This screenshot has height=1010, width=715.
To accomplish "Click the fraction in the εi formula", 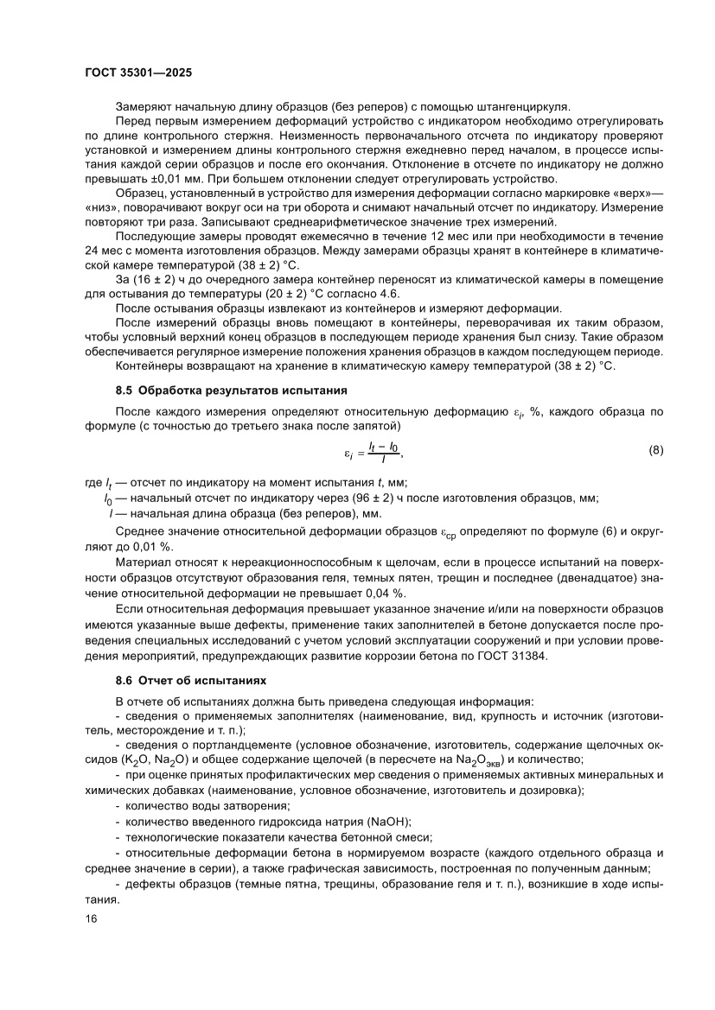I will coord(382,449).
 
